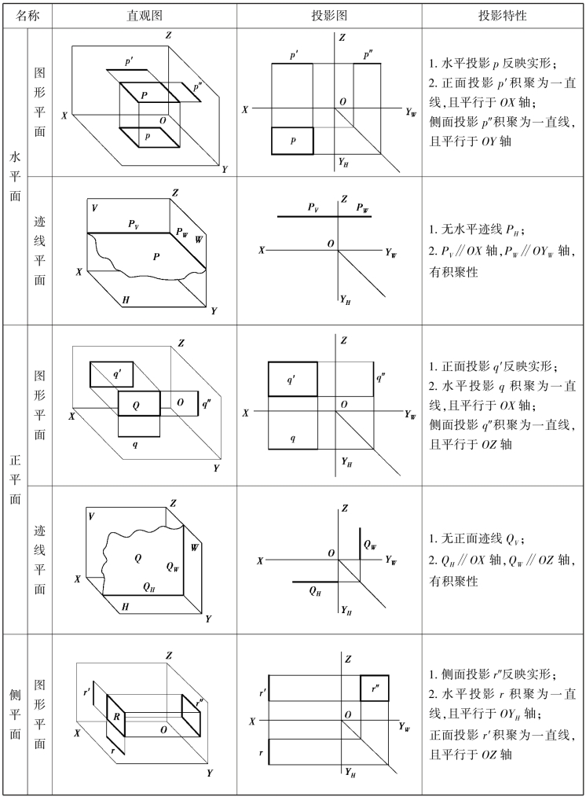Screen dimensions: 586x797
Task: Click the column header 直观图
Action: pyautogui.click(x=145, y=16)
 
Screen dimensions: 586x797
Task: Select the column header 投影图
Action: pyautogui.click(x=329, y=16)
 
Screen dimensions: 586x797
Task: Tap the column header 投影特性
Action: pyautogui.click(x=502, y=16)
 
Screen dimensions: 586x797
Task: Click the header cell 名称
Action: pyautogui.click(x=27, y=16)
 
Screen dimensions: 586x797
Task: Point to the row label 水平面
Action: pyautogui.click(x=15, y=176)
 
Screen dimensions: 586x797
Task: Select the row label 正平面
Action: pyautogui.click(x=15, y=479)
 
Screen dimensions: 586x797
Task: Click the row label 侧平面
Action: pyautogui.click(x=15, y=714)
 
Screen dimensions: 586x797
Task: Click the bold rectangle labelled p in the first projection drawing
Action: pyautogui.click(x=292, y=141)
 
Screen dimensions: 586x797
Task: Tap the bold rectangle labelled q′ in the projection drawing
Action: pyautogui.click(x=292, y=379)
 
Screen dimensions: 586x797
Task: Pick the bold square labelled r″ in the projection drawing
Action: pyautogui.click(x=374, y=689)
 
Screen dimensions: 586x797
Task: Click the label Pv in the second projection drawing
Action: pyautogui.click(x=313, y=208)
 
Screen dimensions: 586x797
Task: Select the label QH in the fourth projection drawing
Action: pyautogui.click(x=315, y=591)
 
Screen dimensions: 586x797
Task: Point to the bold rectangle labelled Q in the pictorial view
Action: pyautogui.click(x=139, y=403)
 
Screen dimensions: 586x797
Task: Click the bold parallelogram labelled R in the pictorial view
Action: pyautogui.click(x=115, y=717)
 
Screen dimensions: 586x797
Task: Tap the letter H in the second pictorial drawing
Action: pyautogui.click(x=126, y=300)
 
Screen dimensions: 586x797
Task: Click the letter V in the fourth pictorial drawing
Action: pyautogui.click(x=91, y=516)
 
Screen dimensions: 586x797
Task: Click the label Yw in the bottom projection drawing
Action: pyautogui.click(x=405, y=727)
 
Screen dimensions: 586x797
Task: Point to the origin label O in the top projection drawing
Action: pyautogui.click(x=343, y=101)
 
